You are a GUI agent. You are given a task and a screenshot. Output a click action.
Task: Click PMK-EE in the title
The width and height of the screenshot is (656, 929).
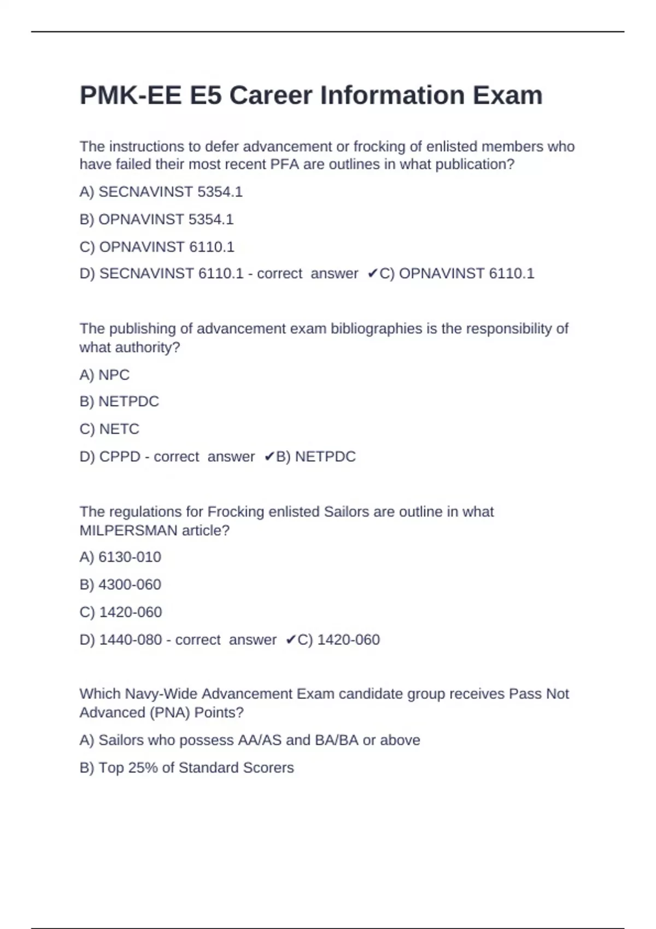(x=131, y=95)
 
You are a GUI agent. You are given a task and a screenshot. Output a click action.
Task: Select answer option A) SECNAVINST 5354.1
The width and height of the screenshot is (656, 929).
(x=161, y=192)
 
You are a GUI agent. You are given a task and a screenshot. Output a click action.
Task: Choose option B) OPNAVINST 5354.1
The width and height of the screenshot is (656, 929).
(x=156, y=219)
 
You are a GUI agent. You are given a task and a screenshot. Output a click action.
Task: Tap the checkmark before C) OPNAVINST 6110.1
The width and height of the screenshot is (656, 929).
(x=372, y=273)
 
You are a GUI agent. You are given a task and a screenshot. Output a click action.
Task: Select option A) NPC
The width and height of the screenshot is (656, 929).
(x=104, y=375)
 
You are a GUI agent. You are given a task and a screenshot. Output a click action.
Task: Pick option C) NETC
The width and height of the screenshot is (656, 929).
(x=109, y=429)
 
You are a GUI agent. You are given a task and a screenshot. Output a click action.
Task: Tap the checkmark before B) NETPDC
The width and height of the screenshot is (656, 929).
(x=269, y=456)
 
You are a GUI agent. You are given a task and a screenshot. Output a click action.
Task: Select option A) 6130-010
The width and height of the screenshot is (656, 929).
(x=120, y=557)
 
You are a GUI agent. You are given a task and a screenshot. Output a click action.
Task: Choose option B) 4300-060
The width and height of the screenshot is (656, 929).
(x=120, y=584)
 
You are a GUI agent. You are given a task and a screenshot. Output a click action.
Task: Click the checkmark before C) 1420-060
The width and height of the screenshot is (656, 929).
(x=291, y=639)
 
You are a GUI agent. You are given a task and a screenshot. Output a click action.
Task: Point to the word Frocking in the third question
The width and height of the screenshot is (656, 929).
(x=236, y=511)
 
